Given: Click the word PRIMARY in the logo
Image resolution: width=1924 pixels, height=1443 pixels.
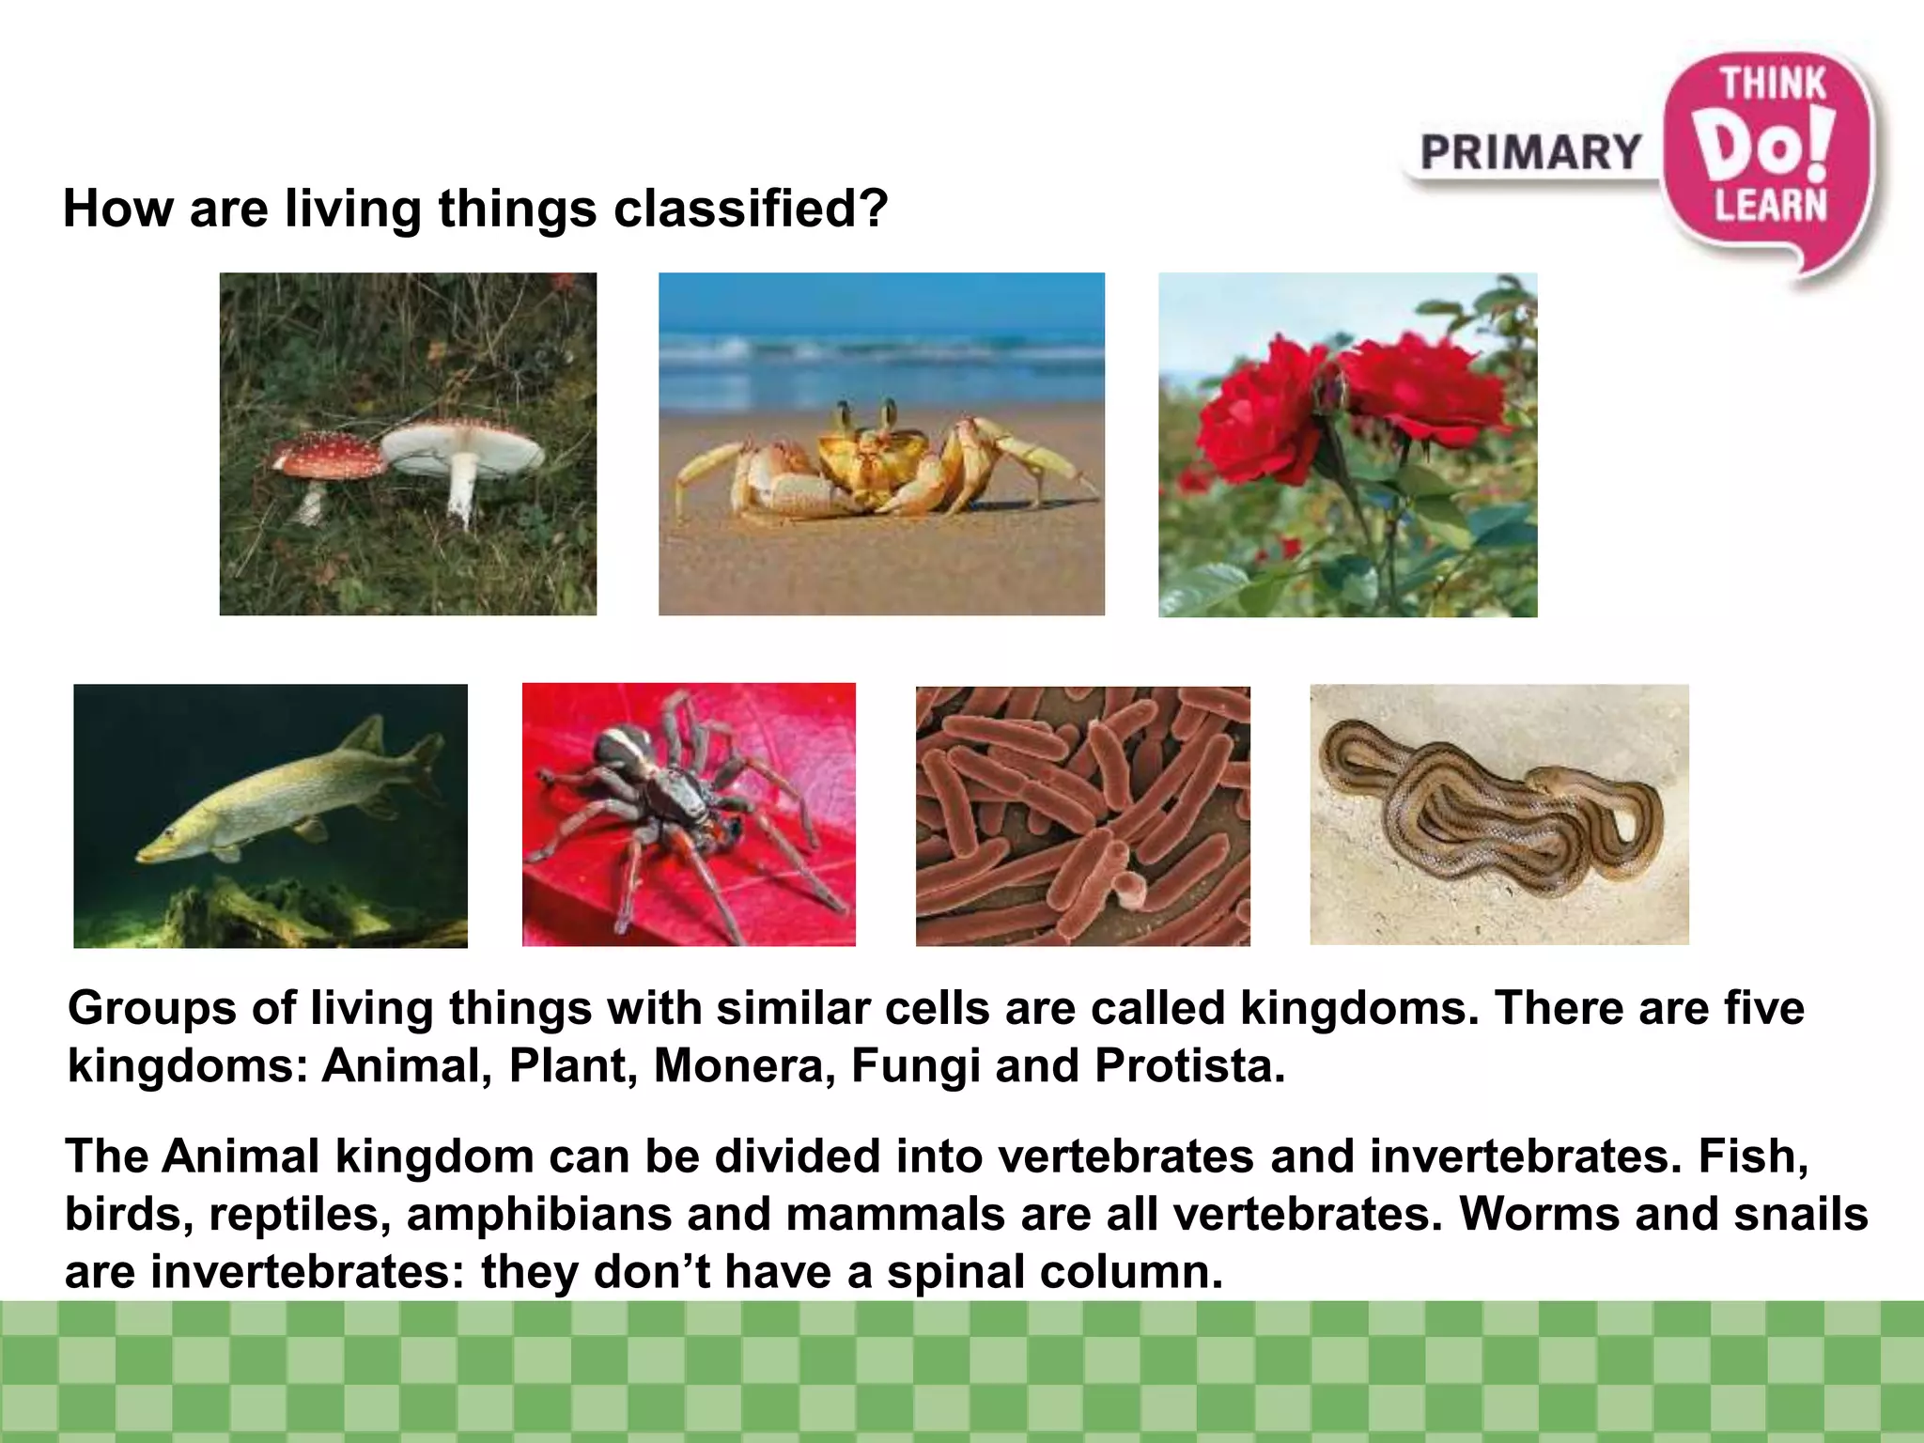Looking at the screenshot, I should point(1530,153).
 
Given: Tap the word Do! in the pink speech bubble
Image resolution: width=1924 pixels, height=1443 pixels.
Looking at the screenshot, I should point(1766,146).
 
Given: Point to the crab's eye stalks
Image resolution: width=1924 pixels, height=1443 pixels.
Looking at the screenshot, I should point(864,414).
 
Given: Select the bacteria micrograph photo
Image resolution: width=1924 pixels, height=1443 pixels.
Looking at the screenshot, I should point(1082,815).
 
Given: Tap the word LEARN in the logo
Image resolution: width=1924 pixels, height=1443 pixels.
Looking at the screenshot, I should point(1771,206).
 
